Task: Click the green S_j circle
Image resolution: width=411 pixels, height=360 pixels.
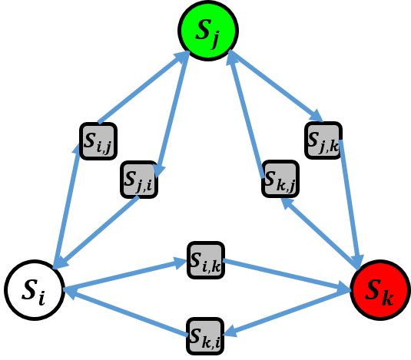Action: (x=207, y=30)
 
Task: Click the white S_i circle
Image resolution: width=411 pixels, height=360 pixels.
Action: (x=35, y=289)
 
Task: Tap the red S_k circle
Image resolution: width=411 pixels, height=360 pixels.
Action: (x=380, y=290)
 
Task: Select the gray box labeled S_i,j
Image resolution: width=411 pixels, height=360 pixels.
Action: (x=98, y=140)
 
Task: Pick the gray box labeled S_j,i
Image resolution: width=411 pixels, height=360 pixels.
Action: (x=139, y=179)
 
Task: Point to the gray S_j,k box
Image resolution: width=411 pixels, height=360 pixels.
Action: (x=323, y=140)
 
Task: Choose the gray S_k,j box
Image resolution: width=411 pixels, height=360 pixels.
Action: (x=280, y=179)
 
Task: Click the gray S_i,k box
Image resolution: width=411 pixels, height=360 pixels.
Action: (x=206, y=260)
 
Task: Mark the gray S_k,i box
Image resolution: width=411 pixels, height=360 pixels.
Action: (x=205, y=336)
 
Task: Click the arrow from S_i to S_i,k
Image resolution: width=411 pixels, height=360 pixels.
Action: (x=127, y=276)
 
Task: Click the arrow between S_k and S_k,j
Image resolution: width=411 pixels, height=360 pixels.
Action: (x=321, y=233)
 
